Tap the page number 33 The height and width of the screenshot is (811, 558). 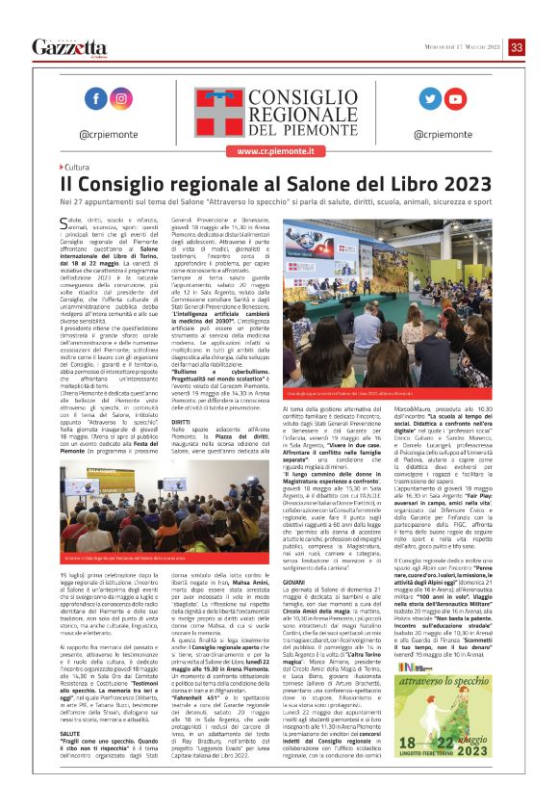point(517,47)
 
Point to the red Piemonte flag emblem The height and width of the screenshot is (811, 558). point(213,109)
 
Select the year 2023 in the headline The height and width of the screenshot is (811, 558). point(457,184)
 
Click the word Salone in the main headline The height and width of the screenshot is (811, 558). point(316,184)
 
